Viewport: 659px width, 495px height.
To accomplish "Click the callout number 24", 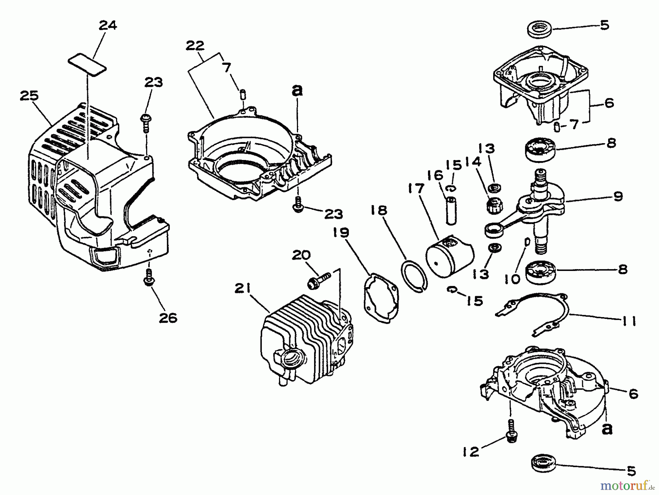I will [x=108, y=26].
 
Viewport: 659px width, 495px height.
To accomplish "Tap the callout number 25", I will [x=29, y=96].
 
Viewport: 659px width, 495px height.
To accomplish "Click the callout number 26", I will [x=168, y=317].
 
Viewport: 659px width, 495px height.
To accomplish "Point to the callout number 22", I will [x=195, y=46].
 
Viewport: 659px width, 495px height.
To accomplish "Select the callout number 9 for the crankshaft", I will [x=618, y=197].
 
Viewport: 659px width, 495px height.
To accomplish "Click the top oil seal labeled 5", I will [x=539, y=29].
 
